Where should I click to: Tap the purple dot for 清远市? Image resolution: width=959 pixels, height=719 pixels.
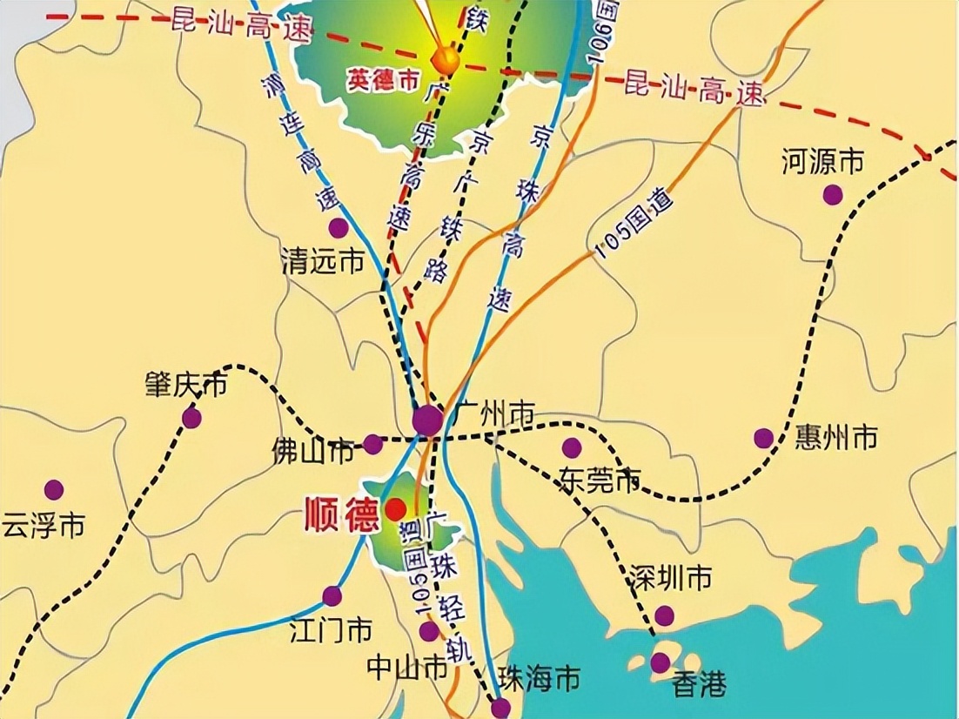[x=339, y=228]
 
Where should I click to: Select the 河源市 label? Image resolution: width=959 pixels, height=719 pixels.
[x=822, y=162]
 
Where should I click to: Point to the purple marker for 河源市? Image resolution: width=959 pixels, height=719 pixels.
[x=833, y=195]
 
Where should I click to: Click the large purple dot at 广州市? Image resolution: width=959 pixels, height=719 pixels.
[x=427, y=420]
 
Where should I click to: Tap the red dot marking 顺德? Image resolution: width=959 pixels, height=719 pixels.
[x=396, y=508]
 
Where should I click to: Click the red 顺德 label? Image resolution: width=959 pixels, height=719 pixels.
[x=341, y=514]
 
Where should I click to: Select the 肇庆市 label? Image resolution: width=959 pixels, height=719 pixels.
[x=185, y=384]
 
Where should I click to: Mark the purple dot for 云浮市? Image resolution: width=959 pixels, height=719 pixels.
[x=54, y=490]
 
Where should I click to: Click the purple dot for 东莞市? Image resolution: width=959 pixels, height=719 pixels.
[x=572, y=447]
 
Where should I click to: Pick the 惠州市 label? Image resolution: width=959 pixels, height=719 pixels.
[x=836, y=438]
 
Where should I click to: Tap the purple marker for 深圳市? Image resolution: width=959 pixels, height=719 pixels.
[x=665, y=615]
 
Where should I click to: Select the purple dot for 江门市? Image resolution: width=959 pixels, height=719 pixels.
[x=332, y=596]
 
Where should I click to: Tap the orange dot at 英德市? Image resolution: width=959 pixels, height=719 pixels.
[x=446, y=60]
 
